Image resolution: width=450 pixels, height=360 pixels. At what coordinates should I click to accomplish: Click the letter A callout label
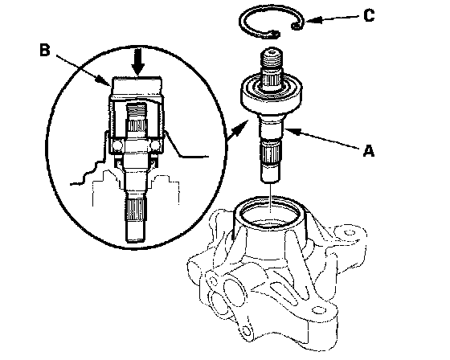[x=369, y=151]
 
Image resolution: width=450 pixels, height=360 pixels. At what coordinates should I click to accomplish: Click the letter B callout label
[x=45, y=51]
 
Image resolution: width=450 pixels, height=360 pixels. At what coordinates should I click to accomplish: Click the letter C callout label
[x=369, y=15]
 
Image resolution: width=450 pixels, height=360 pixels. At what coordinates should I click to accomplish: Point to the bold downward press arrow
[x=138, y=63]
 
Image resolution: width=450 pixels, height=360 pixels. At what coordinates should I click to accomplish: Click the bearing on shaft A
[x=271, y=92]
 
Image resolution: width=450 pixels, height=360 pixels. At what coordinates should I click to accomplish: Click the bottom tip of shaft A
[x=270, y=181]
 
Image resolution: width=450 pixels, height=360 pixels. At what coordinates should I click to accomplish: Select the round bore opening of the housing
[x=270, y=213]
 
